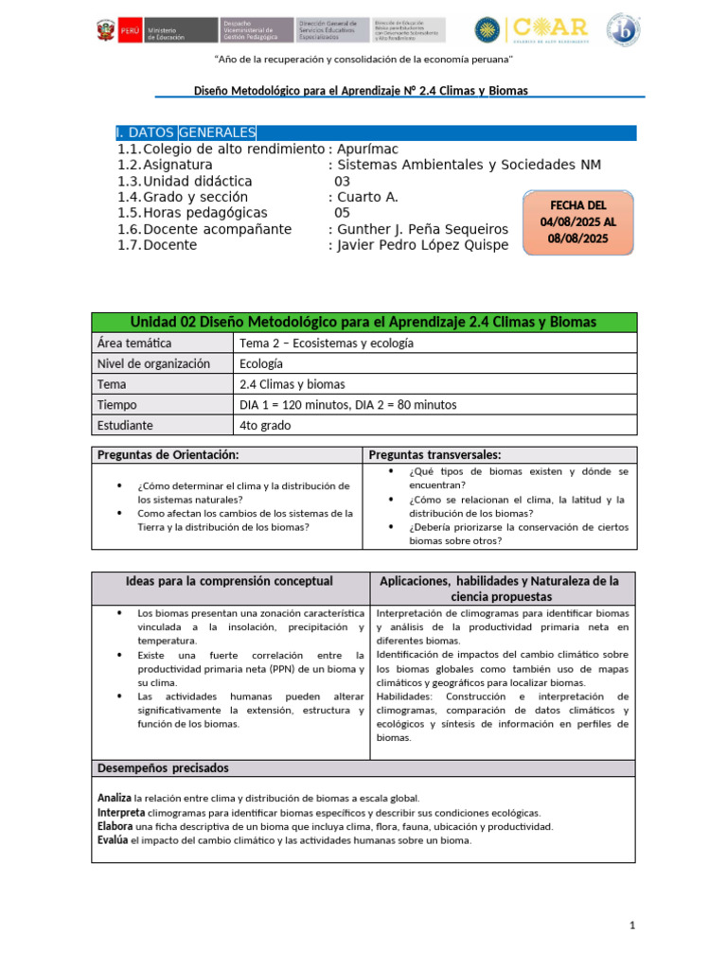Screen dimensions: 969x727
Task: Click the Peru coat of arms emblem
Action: pos(105,30)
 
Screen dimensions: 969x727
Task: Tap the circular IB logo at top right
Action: pos(623,29)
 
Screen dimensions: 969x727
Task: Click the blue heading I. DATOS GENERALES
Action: pos(185,132)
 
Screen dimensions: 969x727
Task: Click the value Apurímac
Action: pos(367,150)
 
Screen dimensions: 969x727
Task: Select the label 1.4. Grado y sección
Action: pos(196,197)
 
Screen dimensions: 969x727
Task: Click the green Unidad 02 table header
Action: pos(363,323)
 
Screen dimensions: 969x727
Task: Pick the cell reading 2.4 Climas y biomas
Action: pos(293,384)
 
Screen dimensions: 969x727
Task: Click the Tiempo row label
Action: pos(117,405)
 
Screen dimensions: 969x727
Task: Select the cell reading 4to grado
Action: pos(266,426)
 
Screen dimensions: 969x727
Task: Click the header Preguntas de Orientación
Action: pos(168,455)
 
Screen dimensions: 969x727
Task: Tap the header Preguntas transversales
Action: pos(434,455)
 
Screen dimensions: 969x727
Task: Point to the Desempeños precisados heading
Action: pos(163,768)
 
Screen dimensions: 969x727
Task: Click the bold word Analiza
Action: pos(115,799)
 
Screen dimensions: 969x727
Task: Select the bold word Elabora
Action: pos(115,826)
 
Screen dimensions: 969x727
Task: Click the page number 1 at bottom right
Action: pos(632,925)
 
